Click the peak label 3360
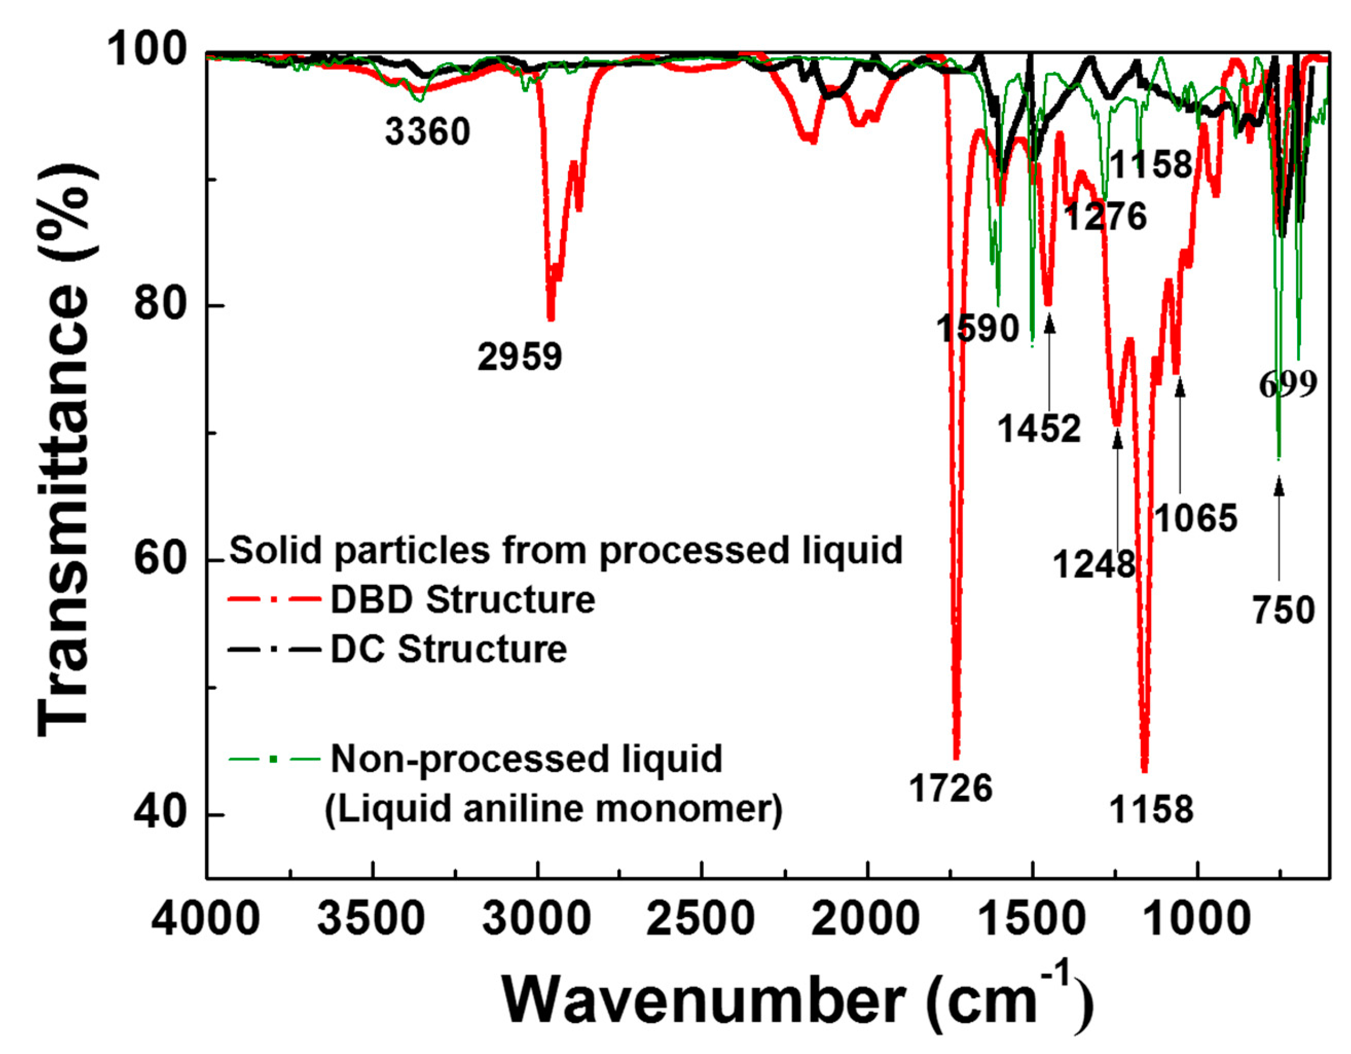point(427,132)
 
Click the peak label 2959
point(520,357)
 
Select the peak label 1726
point(951,788)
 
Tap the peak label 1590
point(977,328)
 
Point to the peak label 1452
point(1039,428)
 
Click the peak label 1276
point(1106,216)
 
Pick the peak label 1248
point(1093,564)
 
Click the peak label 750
point(1284,610)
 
